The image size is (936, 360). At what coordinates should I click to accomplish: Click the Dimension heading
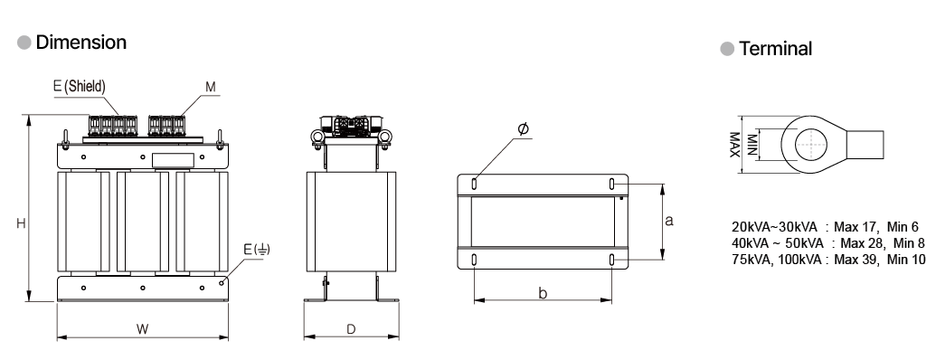point(81,43)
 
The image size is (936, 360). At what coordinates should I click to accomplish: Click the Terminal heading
point(775,48)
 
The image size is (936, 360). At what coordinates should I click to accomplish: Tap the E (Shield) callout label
point(80,87)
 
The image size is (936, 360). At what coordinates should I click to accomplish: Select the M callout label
point(211,87)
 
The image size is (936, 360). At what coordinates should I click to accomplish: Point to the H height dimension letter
point(21,223)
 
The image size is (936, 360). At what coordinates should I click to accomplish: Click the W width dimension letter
point(142,328)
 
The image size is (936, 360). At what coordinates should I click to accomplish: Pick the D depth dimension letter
point(351,329)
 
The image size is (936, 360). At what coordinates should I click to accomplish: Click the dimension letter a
point(669,221)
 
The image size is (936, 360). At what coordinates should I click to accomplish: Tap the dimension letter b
point(543,293)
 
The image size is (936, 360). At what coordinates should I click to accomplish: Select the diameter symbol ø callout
point(523,129)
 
